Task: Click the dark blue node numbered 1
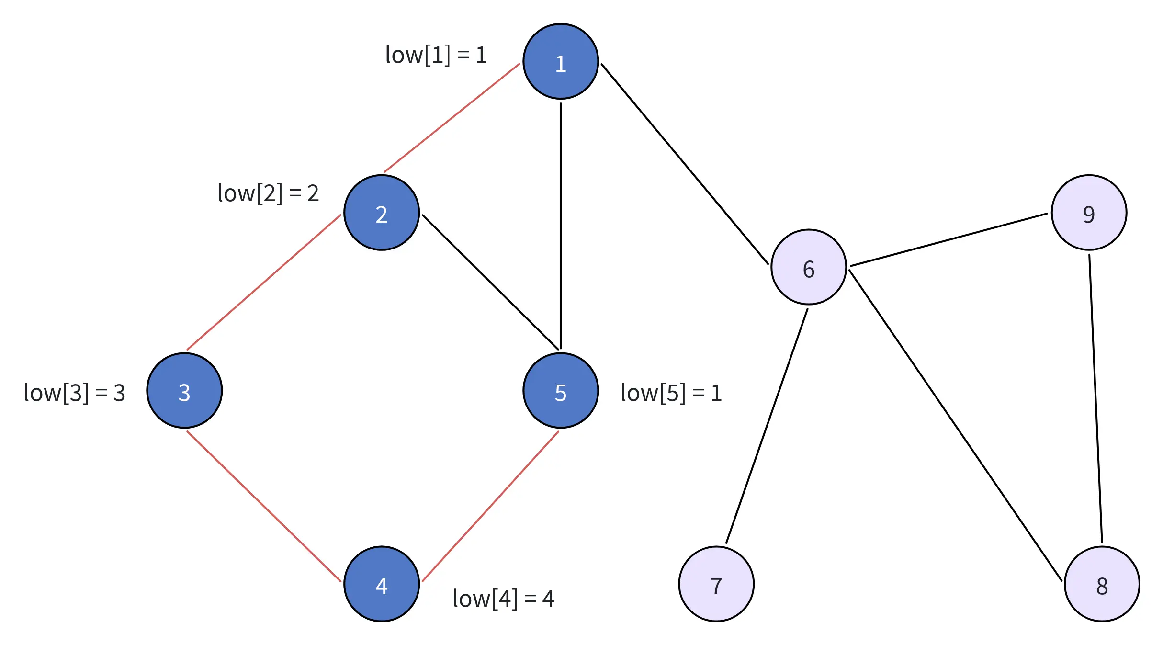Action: click(561, 62)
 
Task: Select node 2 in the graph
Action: click(382, 213)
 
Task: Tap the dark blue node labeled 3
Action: click(184, 391)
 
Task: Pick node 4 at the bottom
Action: click(382, 584)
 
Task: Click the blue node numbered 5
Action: click(561, 391)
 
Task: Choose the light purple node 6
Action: click(809, 267)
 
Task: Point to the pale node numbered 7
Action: click(716, 584)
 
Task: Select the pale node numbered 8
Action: click(1102, 584)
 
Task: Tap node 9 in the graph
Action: click(1089, 213)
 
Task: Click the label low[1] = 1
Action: click(436, 55)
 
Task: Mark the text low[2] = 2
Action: click(268, 193)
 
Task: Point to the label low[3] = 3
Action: click(75, 393)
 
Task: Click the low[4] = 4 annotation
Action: click(503, 599)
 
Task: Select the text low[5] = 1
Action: click(671, 393)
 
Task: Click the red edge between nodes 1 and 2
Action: click(452, 118)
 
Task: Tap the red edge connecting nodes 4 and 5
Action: click(490, 507)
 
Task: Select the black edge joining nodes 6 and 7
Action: click(767, 426)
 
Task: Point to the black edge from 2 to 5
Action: click(491, 282)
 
